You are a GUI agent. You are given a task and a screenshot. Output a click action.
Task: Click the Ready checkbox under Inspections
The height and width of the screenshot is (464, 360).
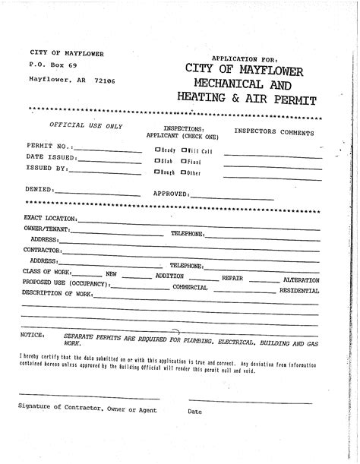(157, 150)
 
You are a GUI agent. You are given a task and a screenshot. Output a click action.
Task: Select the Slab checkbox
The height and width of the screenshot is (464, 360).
(157, 161)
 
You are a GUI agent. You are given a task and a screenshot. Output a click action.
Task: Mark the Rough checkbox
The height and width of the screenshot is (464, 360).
(157, 172)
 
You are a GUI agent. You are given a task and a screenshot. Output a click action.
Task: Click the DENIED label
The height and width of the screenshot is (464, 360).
(39, 188)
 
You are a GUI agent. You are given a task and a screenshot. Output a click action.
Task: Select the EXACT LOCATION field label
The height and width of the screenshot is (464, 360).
(49, 218)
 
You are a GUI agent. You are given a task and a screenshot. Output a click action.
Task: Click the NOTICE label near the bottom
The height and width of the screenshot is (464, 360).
(33, 334)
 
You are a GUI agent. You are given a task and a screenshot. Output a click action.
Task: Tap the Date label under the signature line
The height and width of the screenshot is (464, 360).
(194, 411)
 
